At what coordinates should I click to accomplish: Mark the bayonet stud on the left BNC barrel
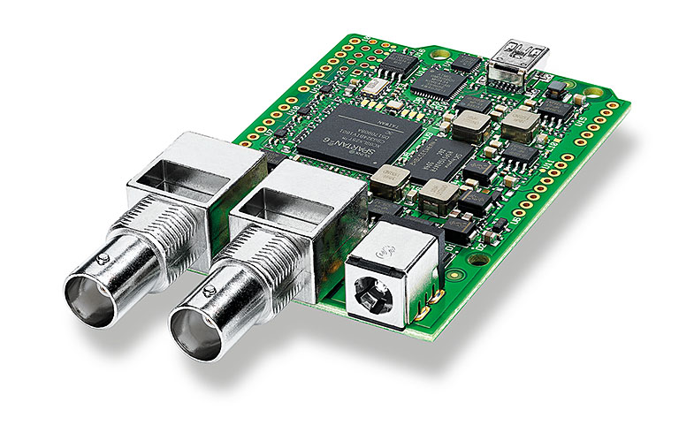pos(104,257)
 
